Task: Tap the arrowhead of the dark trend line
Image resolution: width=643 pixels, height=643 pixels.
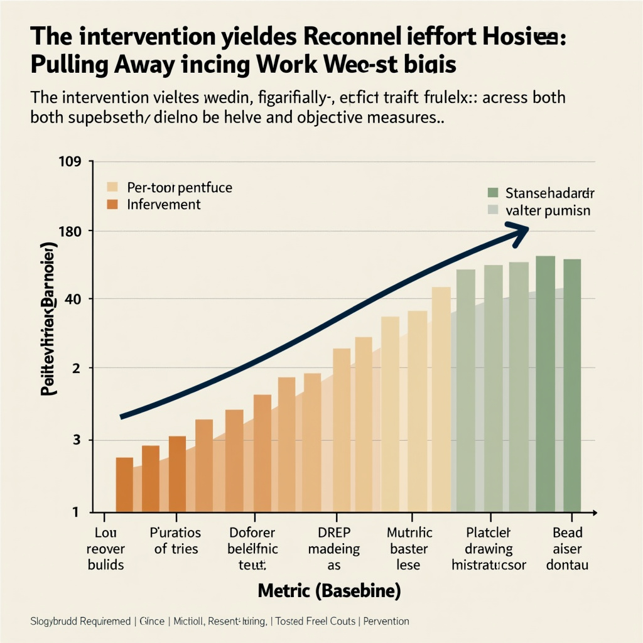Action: point(519,232)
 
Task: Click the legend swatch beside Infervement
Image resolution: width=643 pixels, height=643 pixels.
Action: point(112,205)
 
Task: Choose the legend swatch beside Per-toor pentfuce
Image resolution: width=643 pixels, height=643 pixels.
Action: point(112,187)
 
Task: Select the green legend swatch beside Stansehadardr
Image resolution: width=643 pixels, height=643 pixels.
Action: point(492,192)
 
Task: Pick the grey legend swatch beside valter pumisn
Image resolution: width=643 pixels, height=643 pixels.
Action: point(492,210)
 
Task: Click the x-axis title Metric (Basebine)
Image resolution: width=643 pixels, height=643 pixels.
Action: point(330,591)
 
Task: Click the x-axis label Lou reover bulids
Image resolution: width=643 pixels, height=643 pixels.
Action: point(105,549)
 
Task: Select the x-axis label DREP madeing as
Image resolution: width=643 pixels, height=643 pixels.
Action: point(334,549)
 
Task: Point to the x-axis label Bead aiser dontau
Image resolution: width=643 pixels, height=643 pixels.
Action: point(567,549)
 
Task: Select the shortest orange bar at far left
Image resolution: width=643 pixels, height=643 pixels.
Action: point(124,484)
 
